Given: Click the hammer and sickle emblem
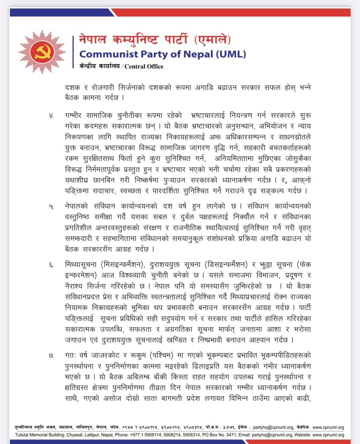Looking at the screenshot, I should click(x=42, y=52).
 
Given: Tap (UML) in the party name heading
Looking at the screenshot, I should click(x=231, y=54).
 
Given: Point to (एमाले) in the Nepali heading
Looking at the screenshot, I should click(x=213, y=39).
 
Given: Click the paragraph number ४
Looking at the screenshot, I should click(x=52, y=116).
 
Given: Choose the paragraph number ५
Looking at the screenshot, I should click(x=52, y=207).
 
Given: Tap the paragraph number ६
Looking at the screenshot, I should click(x=52, y=265).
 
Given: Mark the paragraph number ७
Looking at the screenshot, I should click(x=52, y=356).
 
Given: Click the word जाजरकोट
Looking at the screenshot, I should click(x=106, y=355).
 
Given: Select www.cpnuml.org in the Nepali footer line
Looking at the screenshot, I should click(x=328, y=427).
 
